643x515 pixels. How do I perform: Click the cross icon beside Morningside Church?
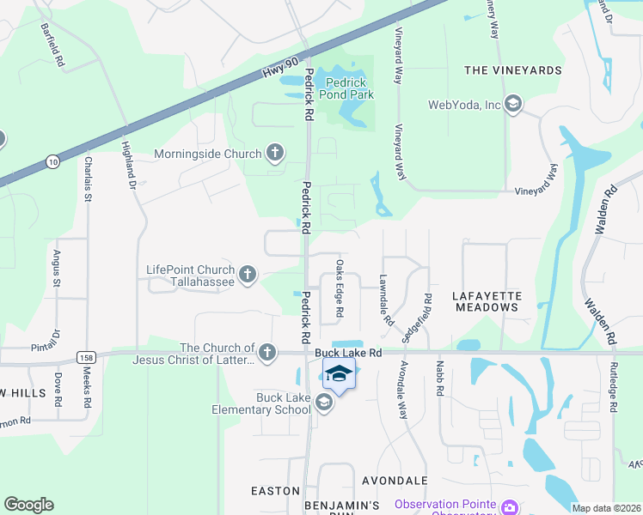click(275, 154)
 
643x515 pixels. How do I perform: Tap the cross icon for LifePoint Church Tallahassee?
click(248, 275)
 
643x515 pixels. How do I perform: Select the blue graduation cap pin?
click(339, 374)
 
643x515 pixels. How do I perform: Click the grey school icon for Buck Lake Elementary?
click(324, 403)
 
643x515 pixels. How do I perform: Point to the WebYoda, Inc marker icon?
click(513, 105)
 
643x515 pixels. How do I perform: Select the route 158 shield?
click(85, 355)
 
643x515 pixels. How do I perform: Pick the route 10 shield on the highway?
click(52, 161)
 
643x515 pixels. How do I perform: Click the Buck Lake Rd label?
click(347, 352)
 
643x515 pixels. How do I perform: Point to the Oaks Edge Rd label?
click(340, 288)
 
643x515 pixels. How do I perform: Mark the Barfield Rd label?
click(52, 45)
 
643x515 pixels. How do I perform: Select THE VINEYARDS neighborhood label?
click(512, 70)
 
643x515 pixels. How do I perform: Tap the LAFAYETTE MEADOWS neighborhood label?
click(487, 300)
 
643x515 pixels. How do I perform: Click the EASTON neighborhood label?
click(275, 491)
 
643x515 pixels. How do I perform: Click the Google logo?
click(28, 505)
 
